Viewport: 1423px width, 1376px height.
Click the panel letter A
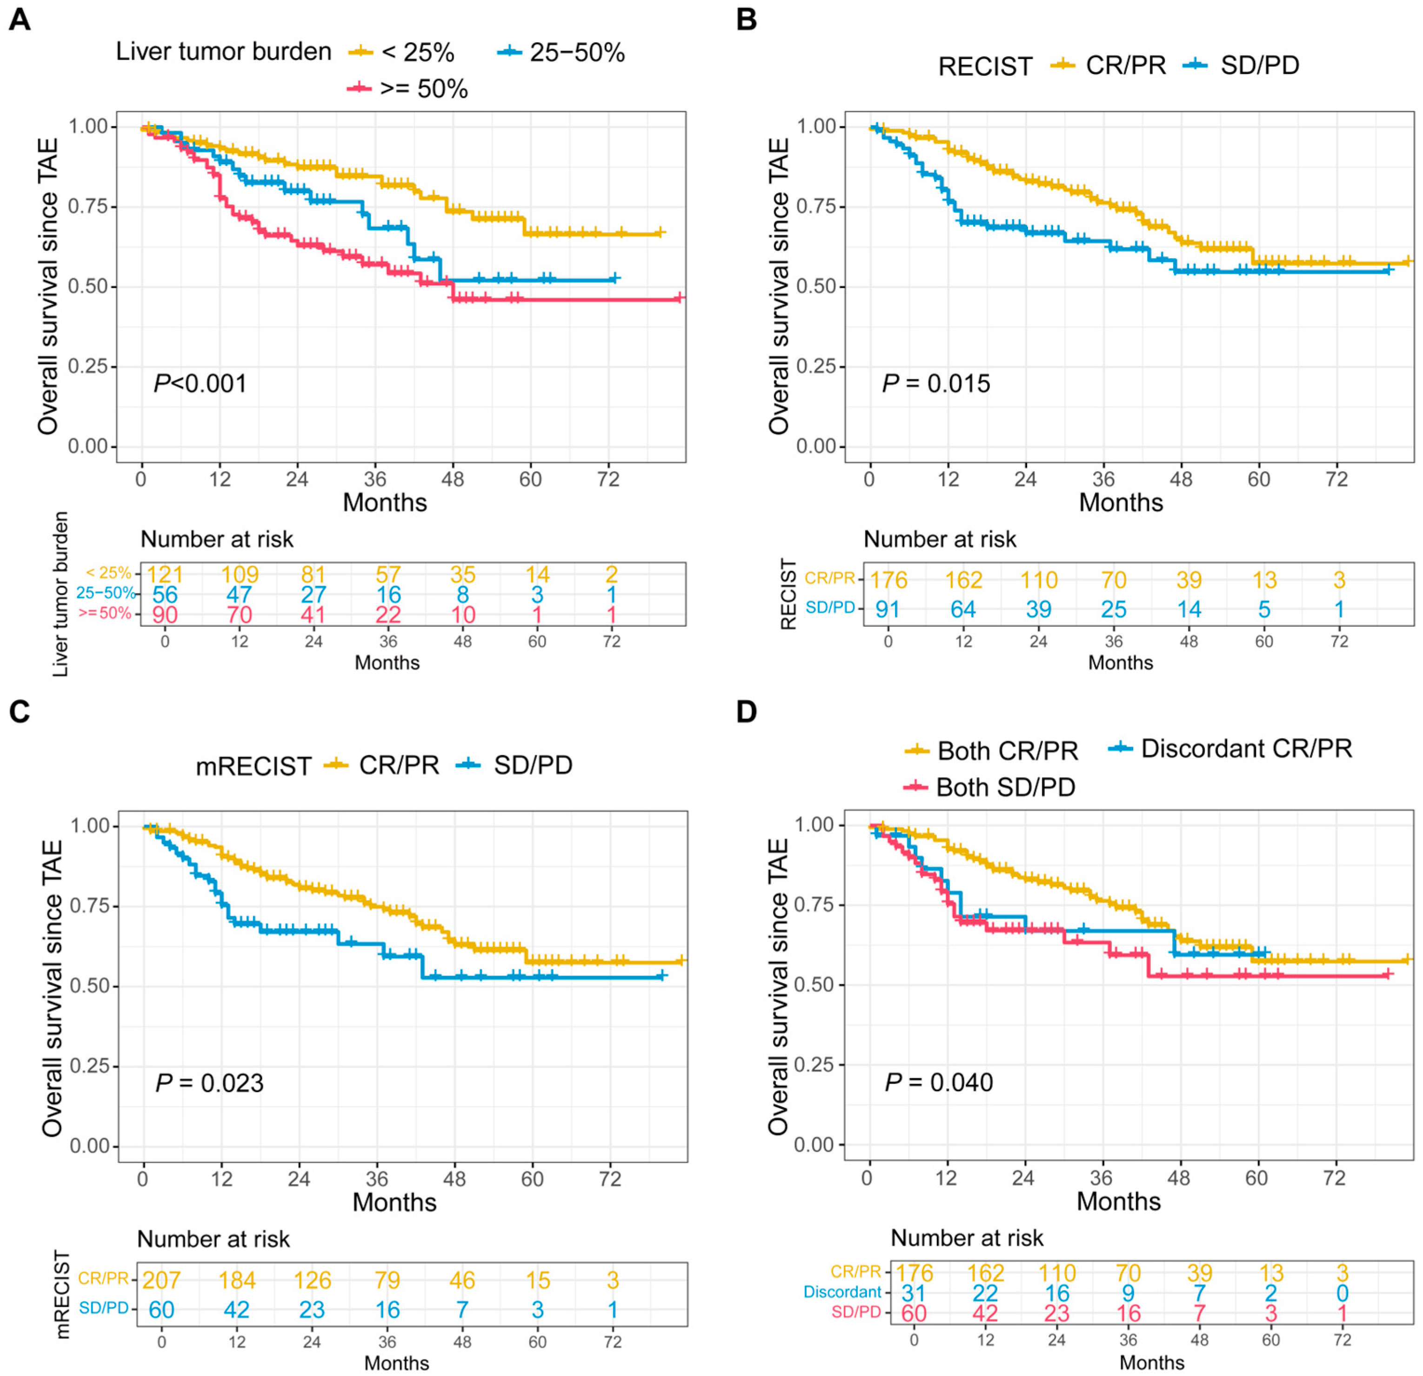point(20,20)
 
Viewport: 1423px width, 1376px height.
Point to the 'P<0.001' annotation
point(200,383)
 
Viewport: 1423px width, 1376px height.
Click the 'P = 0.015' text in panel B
point(936,383)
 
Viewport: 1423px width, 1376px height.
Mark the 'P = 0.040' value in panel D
point(939,1082)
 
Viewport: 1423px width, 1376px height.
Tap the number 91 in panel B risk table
point(887,609)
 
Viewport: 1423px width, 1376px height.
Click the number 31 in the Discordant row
point(913,1293)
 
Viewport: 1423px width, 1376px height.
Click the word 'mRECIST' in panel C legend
point(254,766)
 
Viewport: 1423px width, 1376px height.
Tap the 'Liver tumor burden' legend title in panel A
point(224,52)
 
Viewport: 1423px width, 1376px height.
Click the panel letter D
point(746,712)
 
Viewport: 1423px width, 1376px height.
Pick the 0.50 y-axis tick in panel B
point(817,286)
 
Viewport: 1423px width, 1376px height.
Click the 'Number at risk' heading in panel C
point(214,1239)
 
